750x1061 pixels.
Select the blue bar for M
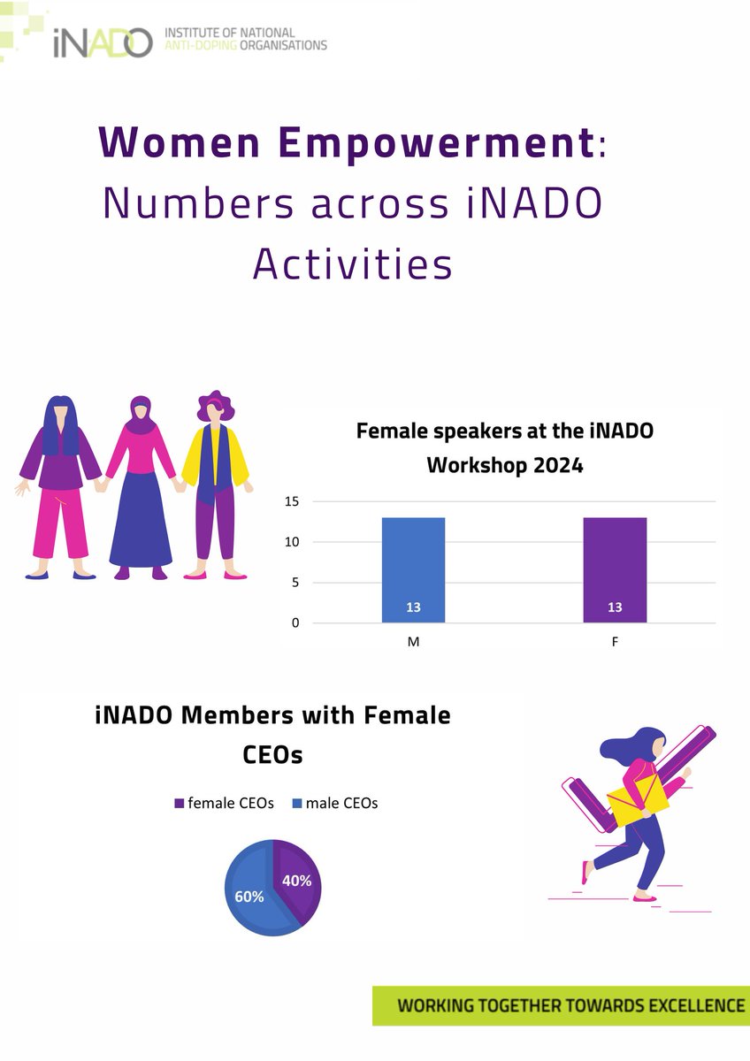(413, 569)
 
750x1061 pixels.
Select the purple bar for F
(615, 569)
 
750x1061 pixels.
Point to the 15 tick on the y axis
(291, 501)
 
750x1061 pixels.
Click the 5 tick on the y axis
(295, 583)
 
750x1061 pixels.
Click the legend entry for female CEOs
(224, 803)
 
